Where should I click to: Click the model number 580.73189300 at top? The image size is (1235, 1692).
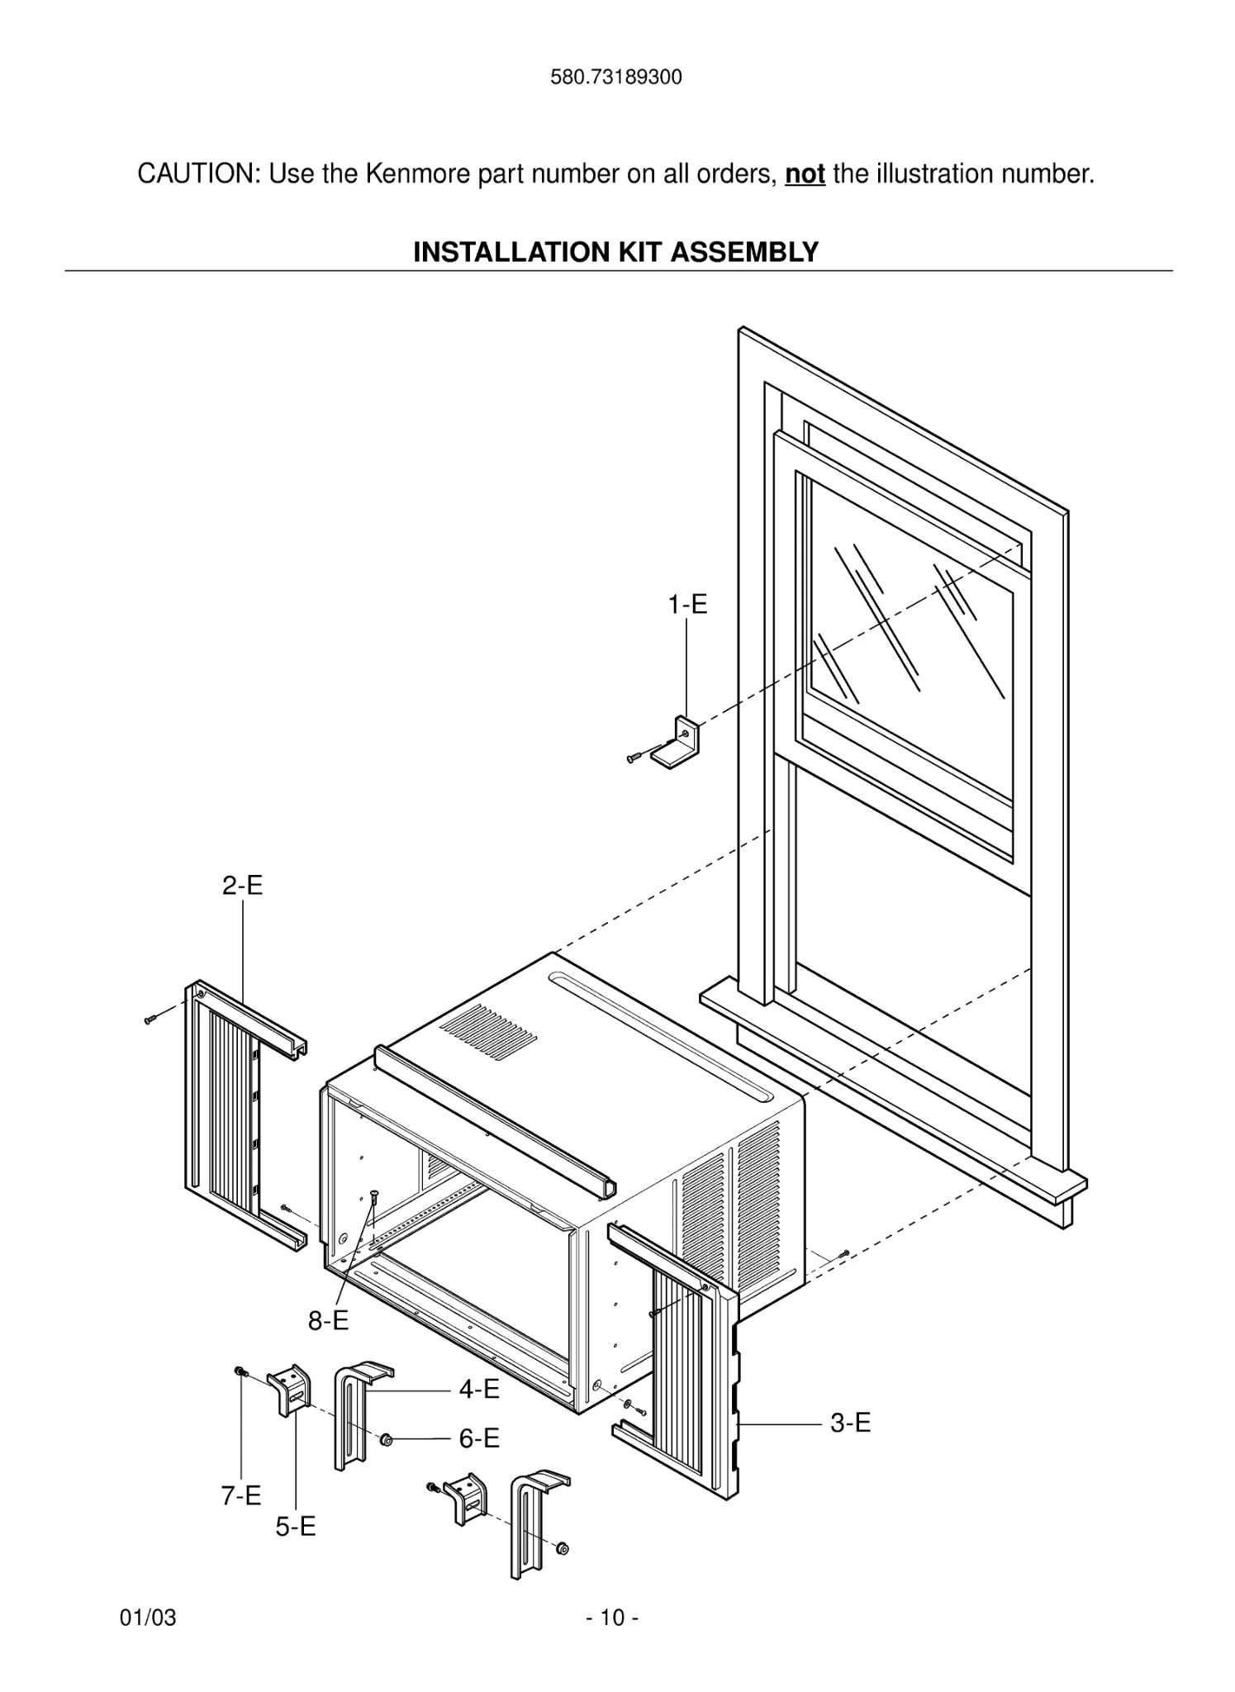pos(616,78)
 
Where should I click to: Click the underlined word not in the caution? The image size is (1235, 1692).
pos(805,174)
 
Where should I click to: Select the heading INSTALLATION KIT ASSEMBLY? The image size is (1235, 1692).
pos(615,251)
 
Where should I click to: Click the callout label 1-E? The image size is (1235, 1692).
pos(687,605)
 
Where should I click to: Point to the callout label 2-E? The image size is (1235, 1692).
pos(242,886)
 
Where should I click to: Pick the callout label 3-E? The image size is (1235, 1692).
pos(850,1423)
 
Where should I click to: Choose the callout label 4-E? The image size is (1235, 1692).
pos(479,1390)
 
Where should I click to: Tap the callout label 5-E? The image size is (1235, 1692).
pos(296,1527)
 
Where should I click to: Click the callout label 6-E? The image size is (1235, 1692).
pos(479,1438)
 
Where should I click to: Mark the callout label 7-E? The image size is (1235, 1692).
pos(240,1495)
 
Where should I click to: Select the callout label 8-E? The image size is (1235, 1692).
pos(328,1321)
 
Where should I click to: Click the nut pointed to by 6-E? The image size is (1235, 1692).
pos(386,1440)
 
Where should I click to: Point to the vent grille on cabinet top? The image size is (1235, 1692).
pos(489,1029)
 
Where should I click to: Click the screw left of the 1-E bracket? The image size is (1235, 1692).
pos(634,757)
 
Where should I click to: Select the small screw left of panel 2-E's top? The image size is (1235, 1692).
pos(150,1019)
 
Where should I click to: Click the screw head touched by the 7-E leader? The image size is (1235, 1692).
pos(240,1371)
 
